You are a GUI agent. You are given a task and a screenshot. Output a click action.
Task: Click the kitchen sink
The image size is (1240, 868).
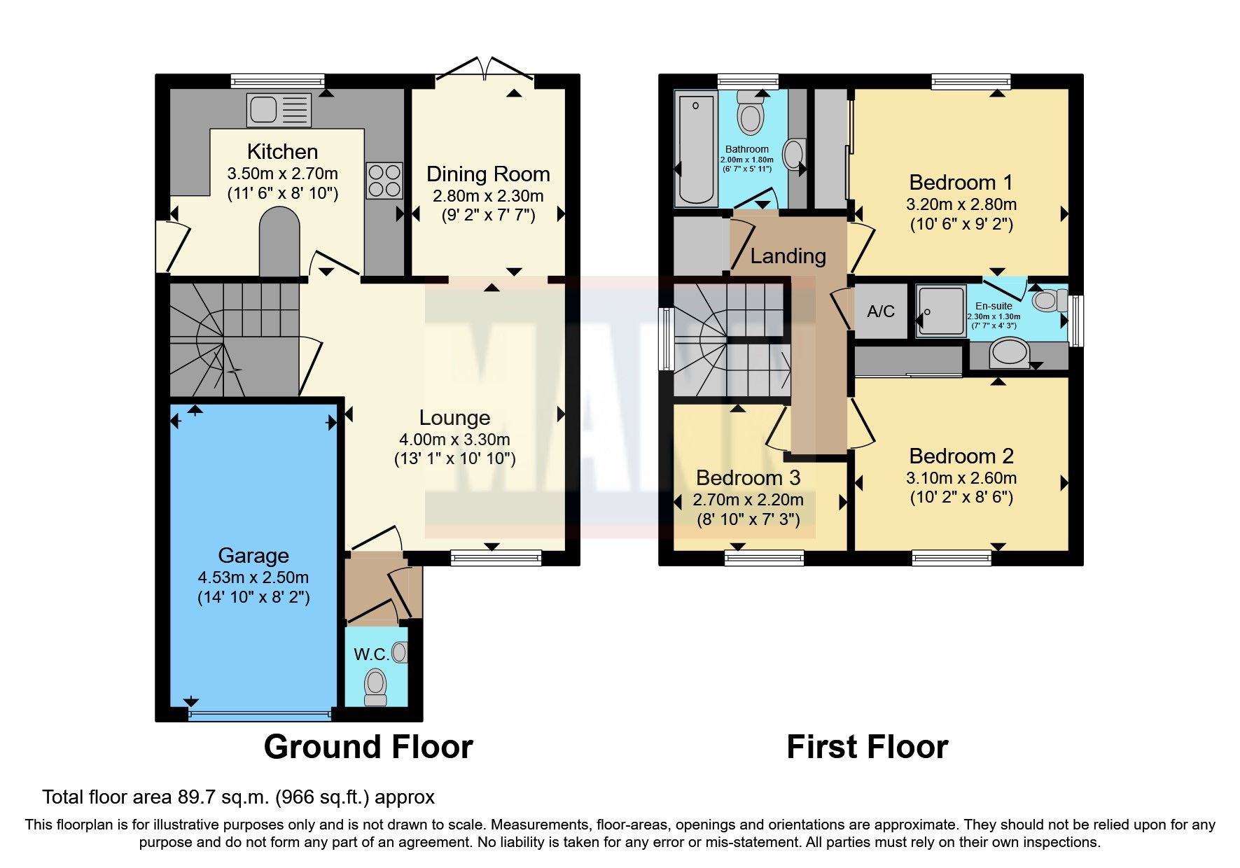coord(278,111)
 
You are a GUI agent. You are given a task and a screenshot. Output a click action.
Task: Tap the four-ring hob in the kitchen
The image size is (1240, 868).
coord(384,181)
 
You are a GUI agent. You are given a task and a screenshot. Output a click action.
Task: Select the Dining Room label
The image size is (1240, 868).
coord(488,174)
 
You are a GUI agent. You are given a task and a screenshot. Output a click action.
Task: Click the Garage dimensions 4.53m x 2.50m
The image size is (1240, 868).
coord(253,577)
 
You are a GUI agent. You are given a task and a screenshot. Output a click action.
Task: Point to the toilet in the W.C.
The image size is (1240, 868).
coord(376,686)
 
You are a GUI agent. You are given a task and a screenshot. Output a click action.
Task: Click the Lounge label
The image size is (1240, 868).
coord(454,418)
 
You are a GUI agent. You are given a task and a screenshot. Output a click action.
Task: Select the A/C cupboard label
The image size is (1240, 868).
coord(881,311)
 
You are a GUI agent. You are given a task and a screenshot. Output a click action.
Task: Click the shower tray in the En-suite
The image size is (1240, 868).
coord(941,311)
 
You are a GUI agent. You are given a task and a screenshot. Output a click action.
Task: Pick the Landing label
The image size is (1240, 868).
coord(788,256)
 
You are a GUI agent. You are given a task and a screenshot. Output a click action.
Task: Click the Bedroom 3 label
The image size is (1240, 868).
coord(748,478)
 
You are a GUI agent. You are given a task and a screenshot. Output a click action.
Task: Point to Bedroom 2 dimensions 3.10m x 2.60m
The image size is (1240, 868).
coord(961,478)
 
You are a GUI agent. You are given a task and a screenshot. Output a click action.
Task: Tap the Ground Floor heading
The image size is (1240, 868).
coord(368,747)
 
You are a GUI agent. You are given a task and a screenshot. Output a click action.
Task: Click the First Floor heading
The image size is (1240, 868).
coord(867,747)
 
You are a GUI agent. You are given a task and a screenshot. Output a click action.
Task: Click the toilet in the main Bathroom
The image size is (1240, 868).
coord(751,115)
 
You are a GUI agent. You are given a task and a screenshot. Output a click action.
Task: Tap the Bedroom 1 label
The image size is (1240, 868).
coord(961,183)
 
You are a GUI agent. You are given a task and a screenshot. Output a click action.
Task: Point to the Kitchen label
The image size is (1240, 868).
coord(282,152)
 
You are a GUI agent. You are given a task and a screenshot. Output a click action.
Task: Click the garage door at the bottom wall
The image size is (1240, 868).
coord(259,715)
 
